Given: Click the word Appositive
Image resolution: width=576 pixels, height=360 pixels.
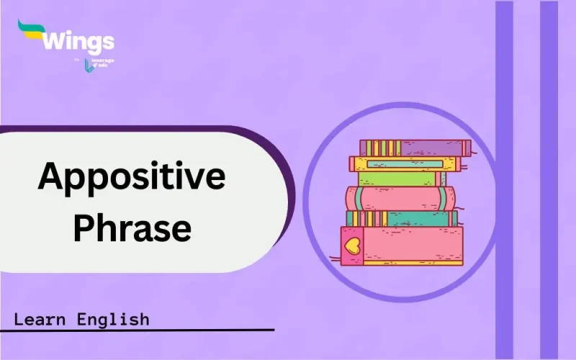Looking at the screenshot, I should coord(131,176).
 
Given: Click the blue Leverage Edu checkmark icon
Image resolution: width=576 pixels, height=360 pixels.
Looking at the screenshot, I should coord(89,66).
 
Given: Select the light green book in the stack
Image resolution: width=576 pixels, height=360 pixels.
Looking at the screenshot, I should coord(400,178).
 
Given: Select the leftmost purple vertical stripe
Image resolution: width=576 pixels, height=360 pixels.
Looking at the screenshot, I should coord(505,180).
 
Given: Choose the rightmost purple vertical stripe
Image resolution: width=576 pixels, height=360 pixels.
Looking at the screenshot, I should coord(549,180).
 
